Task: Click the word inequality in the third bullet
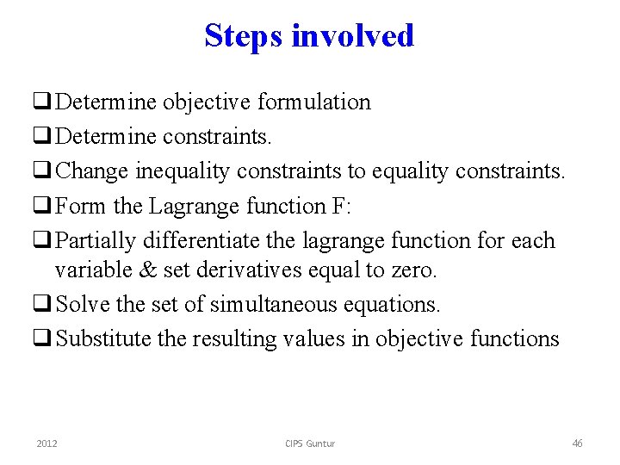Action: coord(182,171)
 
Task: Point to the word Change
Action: coord(92,171)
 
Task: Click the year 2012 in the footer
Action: coord(47,443)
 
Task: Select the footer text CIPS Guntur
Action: coord(310,443)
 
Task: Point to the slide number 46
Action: coord(577,443)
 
